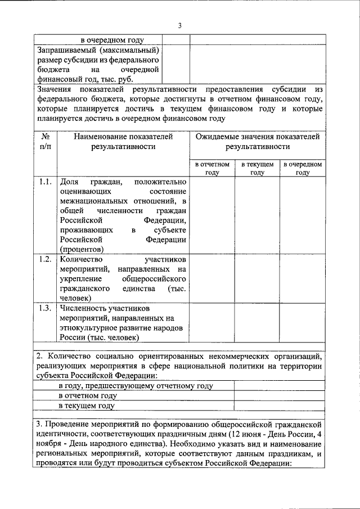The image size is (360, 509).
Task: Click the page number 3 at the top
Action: (x=179, y=25)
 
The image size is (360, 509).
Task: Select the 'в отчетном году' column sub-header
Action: (x=212, y=168)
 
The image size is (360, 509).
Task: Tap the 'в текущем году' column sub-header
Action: (x=257, y=168)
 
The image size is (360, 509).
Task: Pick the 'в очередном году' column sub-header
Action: (x=302, y=168)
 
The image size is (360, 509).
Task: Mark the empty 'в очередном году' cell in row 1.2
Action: (x=302, y=278)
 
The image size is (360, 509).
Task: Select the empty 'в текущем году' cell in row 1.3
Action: (x=257, y=322)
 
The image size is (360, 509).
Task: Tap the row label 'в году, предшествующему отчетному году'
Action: (x=135, y=386)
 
